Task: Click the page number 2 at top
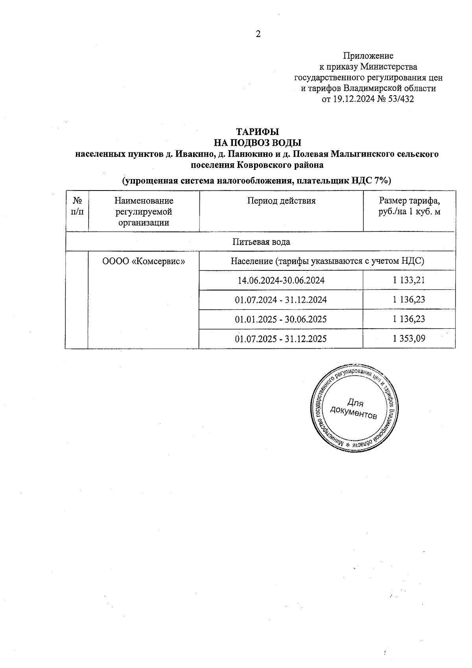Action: click(x=258, y=34)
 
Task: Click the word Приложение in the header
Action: click(x=368, y=56)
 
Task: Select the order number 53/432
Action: click(x=401, y=99)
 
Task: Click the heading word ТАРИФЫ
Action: click(x=257, y=131)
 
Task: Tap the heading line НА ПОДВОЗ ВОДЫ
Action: click(x=257, y=142)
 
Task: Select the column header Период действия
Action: click(x=281, y=201)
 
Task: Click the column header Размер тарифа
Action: click(x=409, y=201)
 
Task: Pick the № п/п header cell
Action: click(x=77, y=206)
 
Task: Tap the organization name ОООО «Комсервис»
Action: click(x=144, y=261)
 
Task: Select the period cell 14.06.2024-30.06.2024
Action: click(x=281, y=280)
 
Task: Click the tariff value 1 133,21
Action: click(x=409, y=280)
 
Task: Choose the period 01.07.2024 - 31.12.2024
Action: click(x=281, y=300)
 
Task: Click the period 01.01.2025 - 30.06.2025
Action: click(x=281, y=319)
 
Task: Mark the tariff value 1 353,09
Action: click(x=409, y=339)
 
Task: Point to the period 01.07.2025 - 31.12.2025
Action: click(x=281, y=339)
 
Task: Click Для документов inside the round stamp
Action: click(x=354, y=409)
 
